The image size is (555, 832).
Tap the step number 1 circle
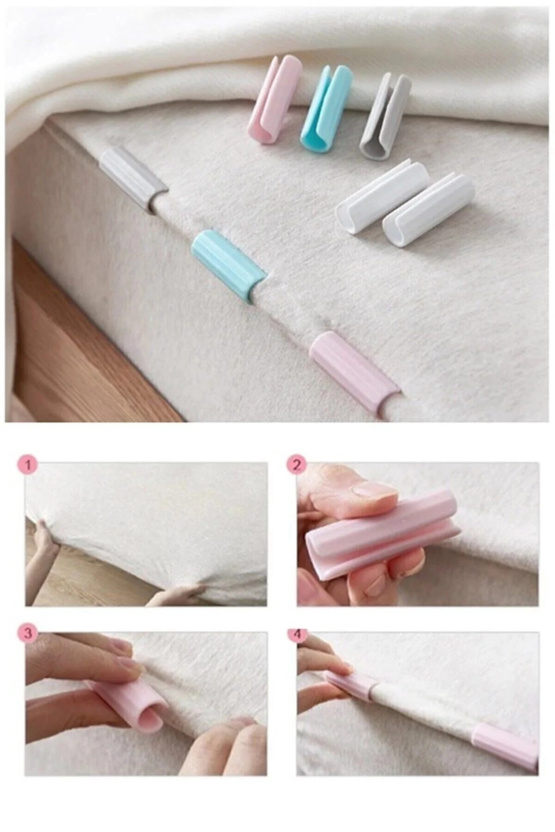pyautogui.click(x=28, y=466)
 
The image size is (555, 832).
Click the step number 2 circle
pyautogui.click(x=298, y=465)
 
